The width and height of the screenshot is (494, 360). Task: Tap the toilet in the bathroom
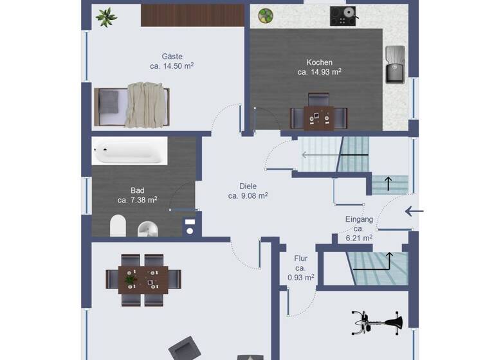[x=118, y=226]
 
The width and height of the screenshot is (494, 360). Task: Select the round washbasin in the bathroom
[x=148, y=228]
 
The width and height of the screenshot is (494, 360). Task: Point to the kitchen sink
[x=394, y=65]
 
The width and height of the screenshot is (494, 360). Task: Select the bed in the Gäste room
[x=132, y=105]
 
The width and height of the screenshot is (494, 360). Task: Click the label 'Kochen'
[x=319, y=62]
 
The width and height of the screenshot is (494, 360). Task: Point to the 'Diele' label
[x=248, y=186]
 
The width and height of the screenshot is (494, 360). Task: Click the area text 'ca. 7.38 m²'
[x=138, y=200]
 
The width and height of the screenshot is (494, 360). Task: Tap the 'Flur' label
[x=300, y=258]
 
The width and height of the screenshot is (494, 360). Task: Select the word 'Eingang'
[x=359, y=219]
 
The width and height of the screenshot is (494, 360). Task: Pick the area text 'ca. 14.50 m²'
[x=172, y=66]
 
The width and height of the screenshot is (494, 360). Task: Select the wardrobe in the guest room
[x=192, y=15]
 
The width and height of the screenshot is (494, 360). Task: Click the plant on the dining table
[x=131, y=280]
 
